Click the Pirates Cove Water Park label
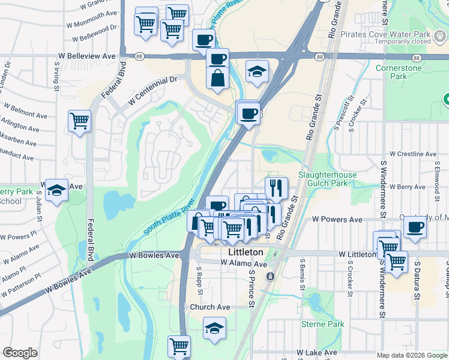[394, 34]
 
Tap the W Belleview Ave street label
[87, 55]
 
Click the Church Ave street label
[210, 307]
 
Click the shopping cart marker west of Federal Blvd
[79, 121]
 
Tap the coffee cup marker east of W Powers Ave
[415, 227]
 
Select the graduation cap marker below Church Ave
[214, 328]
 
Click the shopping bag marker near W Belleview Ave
[217, 78]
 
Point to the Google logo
[20, 353]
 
